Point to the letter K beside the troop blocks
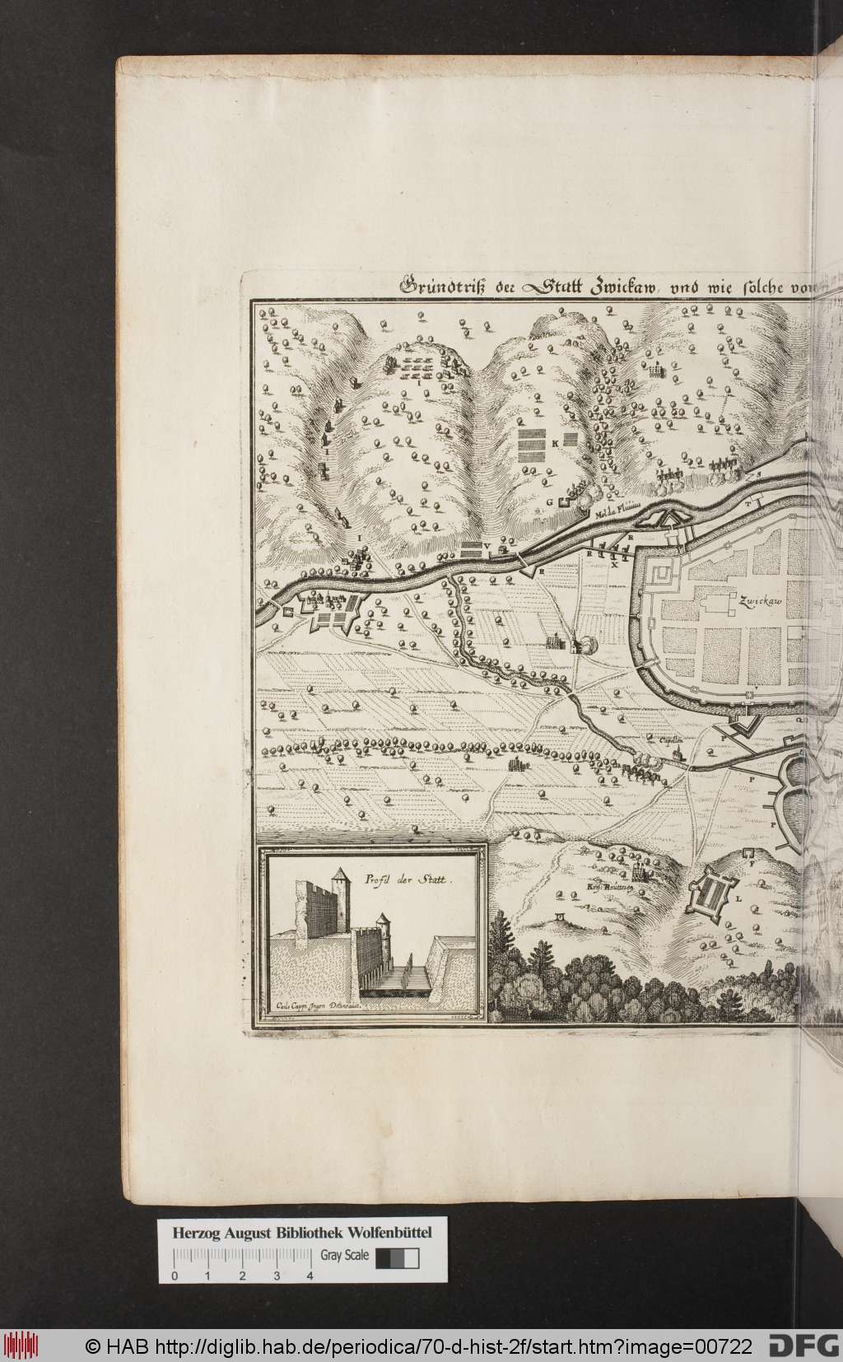556,443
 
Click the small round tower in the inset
382,922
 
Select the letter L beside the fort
738,899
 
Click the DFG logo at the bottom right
803,1346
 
